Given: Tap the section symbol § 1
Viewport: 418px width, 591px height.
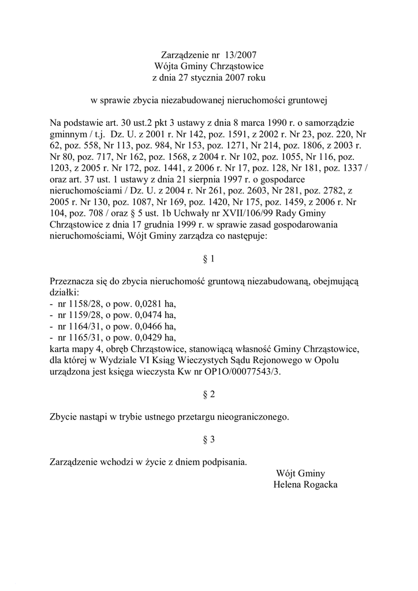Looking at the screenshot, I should (209, 259).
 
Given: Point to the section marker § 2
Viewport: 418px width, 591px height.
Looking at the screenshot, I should (209, 395).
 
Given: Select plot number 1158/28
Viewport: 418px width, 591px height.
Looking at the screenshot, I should (80, 304).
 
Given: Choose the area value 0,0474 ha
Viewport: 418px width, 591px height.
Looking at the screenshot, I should (152, 315).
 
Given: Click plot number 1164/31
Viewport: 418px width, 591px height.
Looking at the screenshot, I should (80, 327).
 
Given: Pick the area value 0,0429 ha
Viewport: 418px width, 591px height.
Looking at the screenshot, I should (152, 338).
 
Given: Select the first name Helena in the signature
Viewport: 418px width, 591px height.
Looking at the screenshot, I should (286, 485).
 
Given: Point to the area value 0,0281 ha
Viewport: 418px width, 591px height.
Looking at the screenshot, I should (152, 304).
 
